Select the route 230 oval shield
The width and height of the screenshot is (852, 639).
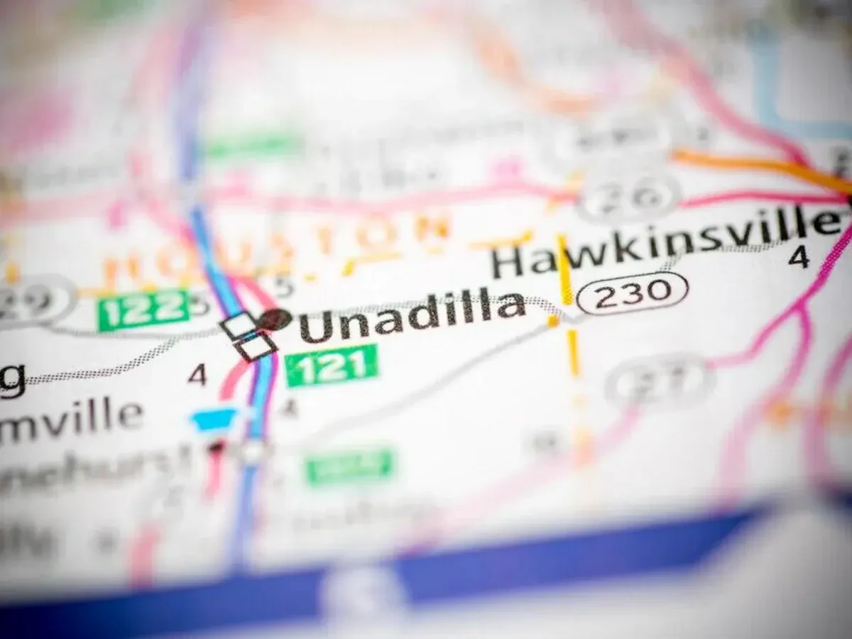point(632,293)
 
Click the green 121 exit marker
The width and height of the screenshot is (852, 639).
point(332,366)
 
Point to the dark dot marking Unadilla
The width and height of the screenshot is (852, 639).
point(275,319)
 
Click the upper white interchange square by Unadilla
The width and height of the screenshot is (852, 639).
point(239,326)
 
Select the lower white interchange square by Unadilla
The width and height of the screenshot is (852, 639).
point(256,347)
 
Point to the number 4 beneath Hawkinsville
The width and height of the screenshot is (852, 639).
point(799,257)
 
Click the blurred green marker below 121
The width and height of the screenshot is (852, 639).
point(349,465)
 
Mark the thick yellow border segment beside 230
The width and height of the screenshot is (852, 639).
point(565,270)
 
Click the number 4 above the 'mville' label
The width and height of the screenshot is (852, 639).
point(197,374)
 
